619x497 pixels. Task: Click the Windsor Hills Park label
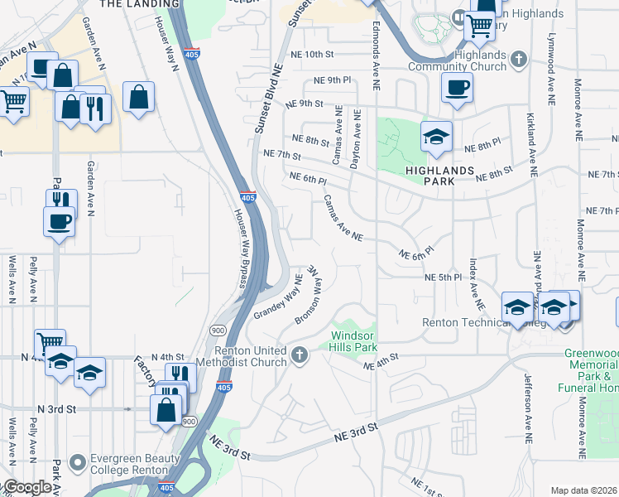pos(354,340)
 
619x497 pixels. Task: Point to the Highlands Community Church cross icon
pos(518,60)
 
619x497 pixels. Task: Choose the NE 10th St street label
pos(317,55)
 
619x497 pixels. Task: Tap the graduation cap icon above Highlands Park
pos(436,137)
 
